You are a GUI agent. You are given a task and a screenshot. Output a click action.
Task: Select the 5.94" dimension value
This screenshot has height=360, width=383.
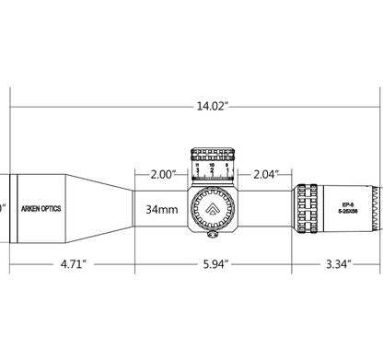click(213, 264)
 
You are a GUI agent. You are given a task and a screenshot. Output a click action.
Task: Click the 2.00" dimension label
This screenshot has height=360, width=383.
click(162, 172)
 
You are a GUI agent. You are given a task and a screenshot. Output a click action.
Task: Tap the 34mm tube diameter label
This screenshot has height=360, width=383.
click(161, 209)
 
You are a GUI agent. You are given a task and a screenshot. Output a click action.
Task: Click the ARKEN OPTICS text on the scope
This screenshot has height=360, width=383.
click(42, 209)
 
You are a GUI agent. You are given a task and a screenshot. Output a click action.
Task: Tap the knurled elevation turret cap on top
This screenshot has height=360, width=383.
click(213, 155)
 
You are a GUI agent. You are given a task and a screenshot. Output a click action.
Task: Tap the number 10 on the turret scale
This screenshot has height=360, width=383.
click(213, 166)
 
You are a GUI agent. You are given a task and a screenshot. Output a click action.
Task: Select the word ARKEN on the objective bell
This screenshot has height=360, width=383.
click(31, 209)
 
